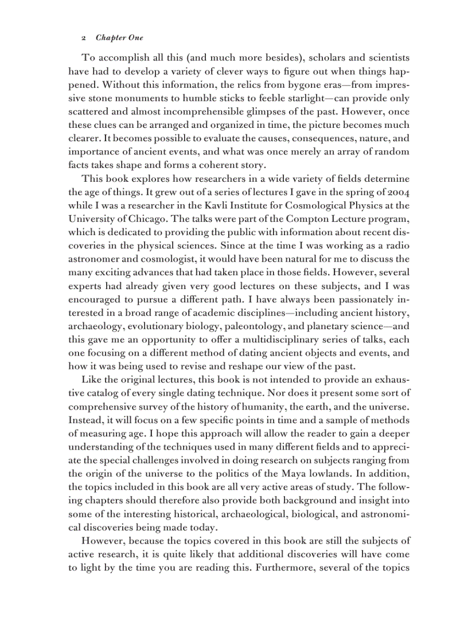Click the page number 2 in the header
pos(84,38)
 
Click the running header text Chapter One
pos(119,38)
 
